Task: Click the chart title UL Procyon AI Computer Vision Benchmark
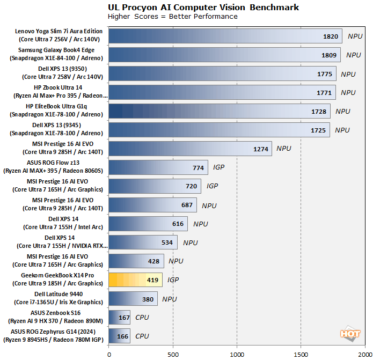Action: pyautogui.click(x=203, y=8)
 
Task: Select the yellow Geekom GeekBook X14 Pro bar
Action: pyautogui.click(x=135, y=280)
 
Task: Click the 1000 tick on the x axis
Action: pyautogui.click(x=237, y=354)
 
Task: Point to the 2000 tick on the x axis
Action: pyautogui.click(x=365, y=354)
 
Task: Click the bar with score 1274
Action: pyautogui.click(x=190, y=149)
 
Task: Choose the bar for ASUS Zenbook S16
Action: pyautogui.click(x=119, y=318)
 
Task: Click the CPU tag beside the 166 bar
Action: pyautogui.click(x=142, y=336)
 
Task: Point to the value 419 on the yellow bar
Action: pyautogui.click(x=152, y=280)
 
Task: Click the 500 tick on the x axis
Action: pyautogui.click(x=173, y=354)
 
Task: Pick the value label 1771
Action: pyautogui.click(x=324, y=92)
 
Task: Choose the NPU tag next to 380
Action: pyautogui.click(x=170, y=299)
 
